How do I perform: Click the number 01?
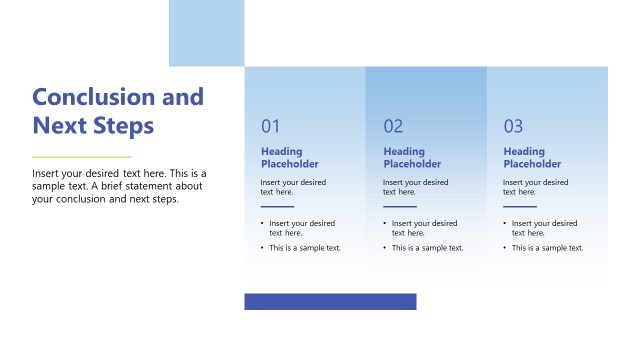pos(271,127)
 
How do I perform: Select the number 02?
pos(393,127)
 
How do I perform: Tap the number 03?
pos(513,127)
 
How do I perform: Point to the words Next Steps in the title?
pos(93,126)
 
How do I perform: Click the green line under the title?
pos(81,157)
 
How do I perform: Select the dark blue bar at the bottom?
pos(330,301)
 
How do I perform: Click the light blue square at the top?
pos(206,33)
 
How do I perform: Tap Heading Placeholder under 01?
pos(289,158)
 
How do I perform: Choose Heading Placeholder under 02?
pos(411,158)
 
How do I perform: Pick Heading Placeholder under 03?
pos(531,158)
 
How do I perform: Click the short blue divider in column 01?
pos(277,206)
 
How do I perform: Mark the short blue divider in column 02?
pos(399,206)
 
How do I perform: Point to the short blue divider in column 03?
pos(519,206)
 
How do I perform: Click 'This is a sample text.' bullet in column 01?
pos(305,248)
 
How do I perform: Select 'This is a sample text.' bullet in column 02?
pos(427,248)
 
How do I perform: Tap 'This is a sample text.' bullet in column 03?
pos(547,248)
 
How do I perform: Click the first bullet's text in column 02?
pos(424,228)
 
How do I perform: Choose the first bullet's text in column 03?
pos(544,228)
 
